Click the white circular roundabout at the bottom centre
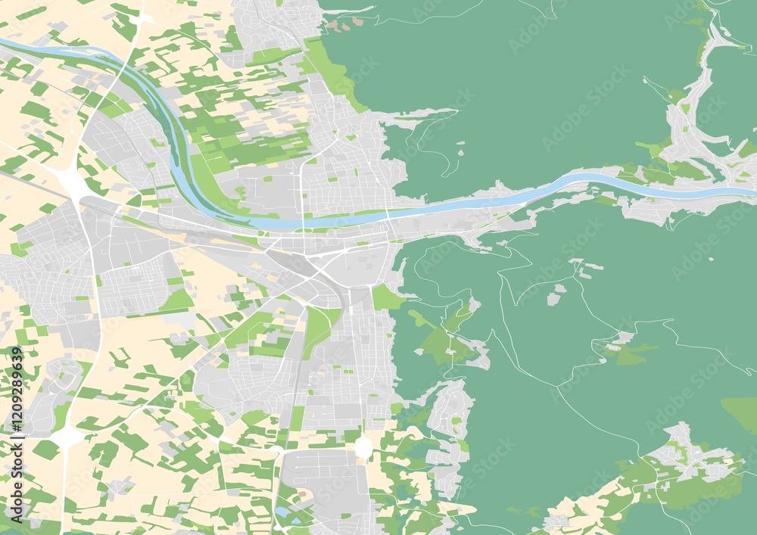coord(363,446)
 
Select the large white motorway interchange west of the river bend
coord(72,182)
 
